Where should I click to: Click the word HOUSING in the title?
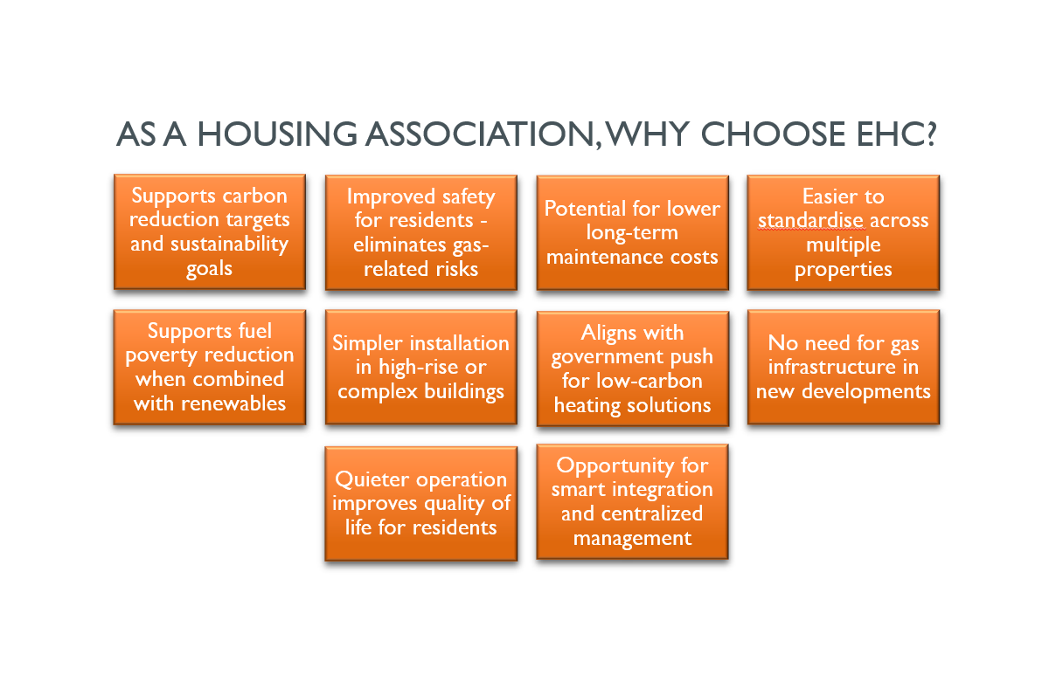(x=277, y=134)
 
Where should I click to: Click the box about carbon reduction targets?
(x=210, y=232)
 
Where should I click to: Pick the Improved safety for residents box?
(x=421, y=233)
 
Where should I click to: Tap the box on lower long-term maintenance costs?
(x=633, y=233)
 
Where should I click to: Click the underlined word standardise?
(x=811, y=220)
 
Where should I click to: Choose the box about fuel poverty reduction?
(x=210, y=367)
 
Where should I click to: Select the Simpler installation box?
(x=421, y=367)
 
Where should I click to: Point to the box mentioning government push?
(x=633, y=369)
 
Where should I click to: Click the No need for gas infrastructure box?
(x=844, y=367)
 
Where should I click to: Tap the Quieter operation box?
(x=421, y=504)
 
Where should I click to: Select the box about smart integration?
(x=632, y=501)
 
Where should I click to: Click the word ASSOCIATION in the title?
(x=483, y=134)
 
